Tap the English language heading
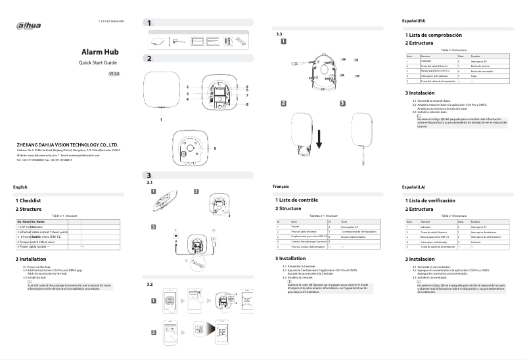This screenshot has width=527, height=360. [20, 187]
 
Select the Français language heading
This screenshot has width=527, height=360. [282, 187]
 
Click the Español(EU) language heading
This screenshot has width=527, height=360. [416, 22]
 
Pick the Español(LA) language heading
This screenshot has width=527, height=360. [416, 188]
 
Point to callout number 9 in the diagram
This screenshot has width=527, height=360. [233, 148]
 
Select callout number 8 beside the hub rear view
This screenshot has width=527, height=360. [247, 104]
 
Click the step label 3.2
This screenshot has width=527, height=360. [150, 284]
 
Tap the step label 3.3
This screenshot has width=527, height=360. [279, 34]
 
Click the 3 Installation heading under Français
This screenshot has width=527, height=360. [297, 259]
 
